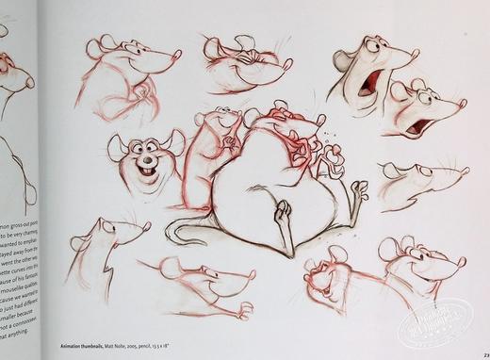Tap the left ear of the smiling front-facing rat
pyautogui.click(x=117, y=144)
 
